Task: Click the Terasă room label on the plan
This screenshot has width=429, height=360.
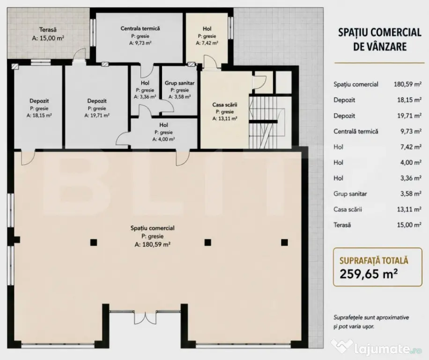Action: (48, 30)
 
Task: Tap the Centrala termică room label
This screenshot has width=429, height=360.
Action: (140, 29)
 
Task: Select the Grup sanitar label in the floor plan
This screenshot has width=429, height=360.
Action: (179, 83)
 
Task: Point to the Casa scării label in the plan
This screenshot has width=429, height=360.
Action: (225, 105)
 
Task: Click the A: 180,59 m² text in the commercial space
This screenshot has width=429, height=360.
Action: (152, 245)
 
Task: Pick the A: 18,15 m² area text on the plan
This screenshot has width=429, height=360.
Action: (39, 115)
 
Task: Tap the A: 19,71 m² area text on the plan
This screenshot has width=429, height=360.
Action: (97, 115)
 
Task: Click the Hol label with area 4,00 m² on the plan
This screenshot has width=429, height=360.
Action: (163, 125)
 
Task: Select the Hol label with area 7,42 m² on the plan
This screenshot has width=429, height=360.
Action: (207, 29)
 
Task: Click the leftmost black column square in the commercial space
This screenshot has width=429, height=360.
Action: (94, 242)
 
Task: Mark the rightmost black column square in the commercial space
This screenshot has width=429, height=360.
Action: (284, 242)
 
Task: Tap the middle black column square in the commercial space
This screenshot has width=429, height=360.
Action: (207, 242)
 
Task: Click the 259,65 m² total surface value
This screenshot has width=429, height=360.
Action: (369, 273)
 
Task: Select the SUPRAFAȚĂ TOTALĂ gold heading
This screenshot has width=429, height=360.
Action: (374, 260)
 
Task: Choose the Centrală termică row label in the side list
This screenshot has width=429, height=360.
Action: (355, 131)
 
